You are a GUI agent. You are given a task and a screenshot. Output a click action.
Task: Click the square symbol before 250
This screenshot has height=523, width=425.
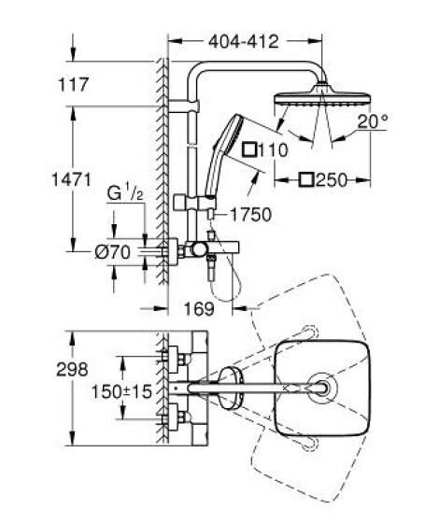point(305,177)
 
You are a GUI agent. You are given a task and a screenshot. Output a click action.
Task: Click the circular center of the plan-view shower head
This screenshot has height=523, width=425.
point(323,388)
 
